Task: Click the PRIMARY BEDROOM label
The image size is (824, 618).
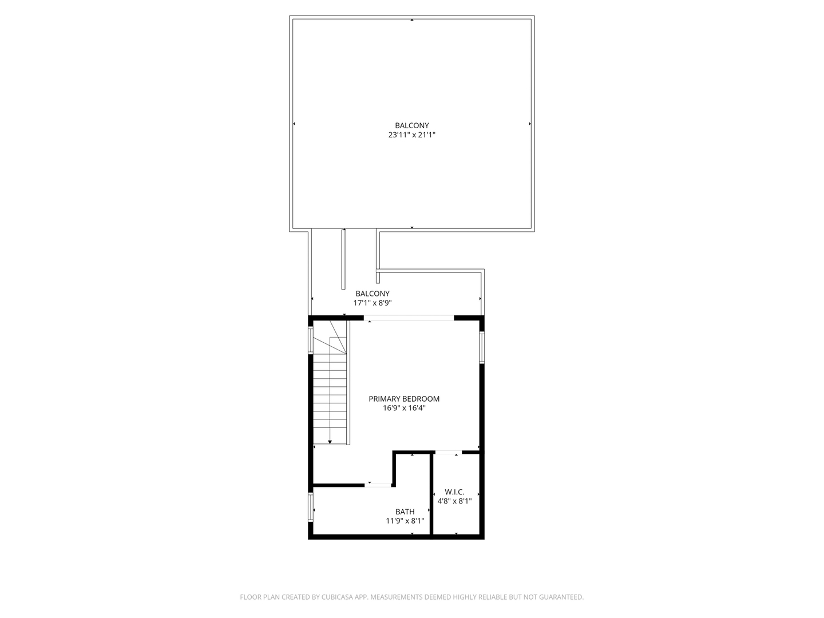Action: tap(404, 399)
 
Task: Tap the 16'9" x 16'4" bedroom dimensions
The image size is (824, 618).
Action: tap(404, 409)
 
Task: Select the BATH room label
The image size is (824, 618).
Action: tap(405, 512)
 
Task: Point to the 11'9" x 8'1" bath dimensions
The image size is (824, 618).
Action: tap(405, 521)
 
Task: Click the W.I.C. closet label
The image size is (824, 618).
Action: tap(454, 492)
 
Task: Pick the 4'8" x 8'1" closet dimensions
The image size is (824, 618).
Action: tap(454, 501)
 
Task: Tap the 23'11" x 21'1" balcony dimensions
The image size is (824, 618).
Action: tap(412, 135)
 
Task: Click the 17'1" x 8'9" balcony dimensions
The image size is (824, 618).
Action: tap(372, 303)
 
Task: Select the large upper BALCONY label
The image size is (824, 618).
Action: tap(412, 125)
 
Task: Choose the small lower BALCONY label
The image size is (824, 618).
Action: tap(372, 294)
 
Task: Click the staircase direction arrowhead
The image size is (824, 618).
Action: tap(330, 441)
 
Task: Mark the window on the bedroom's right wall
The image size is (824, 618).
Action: tap(482, 347)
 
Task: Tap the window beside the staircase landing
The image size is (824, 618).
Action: tap(311, 340)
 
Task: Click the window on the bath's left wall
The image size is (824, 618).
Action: tap(311, 507)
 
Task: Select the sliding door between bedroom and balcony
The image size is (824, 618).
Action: tap(409, 318)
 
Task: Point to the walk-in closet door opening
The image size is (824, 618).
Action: tap(448, 452)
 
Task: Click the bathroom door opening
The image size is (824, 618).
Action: tap(378, 485)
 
